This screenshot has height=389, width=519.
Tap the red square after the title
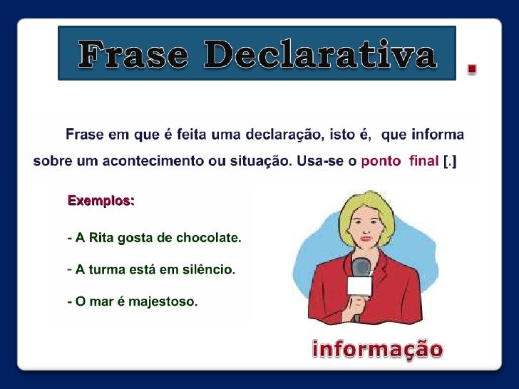click(x=471, y=68)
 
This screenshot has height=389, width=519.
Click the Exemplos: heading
click(x=101, y=201)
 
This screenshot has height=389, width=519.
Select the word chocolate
click(x=211, y=239)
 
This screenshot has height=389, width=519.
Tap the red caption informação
click(x=378, y=349)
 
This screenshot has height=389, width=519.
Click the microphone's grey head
click(x=361, y=268)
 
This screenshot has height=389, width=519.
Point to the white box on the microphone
click(x=359, y=287)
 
